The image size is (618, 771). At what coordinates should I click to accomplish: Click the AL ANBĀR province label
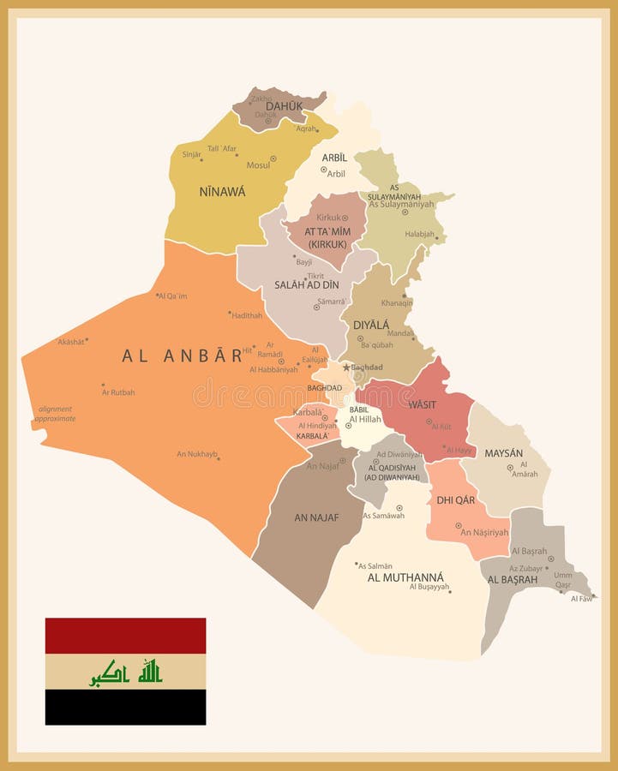tap(183, 356)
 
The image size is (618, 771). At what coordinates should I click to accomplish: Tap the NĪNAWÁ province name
tap(222, 192)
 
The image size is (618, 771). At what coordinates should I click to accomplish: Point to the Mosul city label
tap(257, 164)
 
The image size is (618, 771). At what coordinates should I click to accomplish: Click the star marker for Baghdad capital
tap(346, 368)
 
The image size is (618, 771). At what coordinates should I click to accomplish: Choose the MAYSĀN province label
tap(504, 452)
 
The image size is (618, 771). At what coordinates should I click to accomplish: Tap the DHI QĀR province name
tap(456, 500)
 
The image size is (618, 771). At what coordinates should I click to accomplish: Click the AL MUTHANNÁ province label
tap(405, 577)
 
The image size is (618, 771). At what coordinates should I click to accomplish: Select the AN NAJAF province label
tap(316, 517)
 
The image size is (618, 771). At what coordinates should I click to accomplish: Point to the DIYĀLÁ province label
tap(371, 325)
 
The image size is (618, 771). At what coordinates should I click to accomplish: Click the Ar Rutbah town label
tap(118, 392)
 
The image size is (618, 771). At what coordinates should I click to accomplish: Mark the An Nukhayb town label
tap(197, 454)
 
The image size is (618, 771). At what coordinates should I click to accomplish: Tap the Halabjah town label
tap(420, 234)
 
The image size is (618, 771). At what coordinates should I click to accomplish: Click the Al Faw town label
tap(581, 598)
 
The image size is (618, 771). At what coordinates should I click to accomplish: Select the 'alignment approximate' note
tap(55, 414)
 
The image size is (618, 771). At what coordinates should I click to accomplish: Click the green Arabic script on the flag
tap(126, 672)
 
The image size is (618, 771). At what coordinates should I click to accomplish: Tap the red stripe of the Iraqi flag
tap(125, 636)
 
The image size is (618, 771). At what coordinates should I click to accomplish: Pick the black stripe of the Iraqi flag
tap(125, 707)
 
